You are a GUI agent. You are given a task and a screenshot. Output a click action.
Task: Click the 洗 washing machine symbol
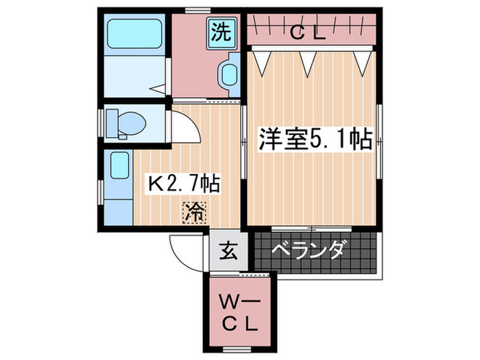pos(222,32)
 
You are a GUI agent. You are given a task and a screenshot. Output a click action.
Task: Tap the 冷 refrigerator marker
pos(193,213)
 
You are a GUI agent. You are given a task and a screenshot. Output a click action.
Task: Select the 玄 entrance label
pos(228,252)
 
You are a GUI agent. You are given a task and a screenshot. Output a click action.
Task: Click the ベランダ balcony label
pos(308,250)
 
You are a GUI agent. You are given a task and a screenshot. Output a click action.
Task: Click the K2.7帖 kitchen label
pos(184,183)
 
